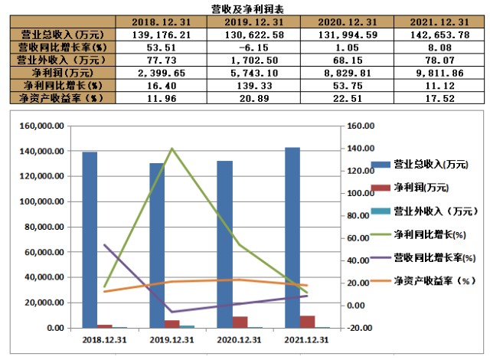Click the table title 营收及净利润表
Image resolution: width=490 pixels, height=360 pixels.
click(245, 8)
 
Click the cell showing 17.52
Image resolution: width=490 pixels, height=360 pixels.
click(439, 98)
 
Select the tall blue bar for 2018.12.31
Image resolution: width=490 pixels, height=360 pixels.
click(90, 239)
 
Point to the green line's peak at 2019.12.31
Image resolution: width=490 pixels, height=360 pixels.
click(171, 149)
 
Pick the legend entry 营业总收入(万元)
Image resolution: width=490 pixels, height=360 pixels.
click(420, 165)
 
